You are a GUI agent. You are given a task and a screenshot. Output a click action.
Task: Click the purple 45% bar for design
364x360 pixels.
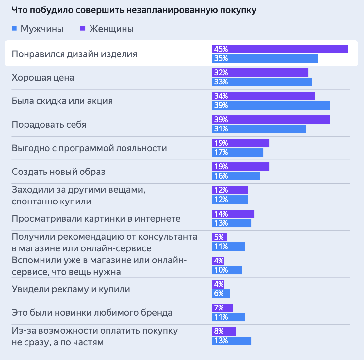click(280, 49)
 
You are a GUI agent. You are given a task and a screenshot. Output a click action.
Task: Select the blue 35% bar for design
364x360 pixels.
click(265, 58)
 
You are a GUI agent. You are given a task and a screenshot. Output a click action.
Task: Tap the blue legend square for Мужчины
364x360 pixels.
click(14, 29)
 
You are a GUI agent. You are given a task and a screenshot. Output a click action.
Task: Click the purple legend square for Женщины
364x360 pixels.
click(83, 29)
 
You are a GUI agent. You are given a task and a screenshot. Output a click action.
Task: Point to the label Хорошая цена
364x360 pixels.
click(43, 78)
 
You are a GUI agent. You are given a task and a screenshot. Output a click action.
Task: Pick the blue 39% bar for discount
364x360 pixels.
click(271, 105)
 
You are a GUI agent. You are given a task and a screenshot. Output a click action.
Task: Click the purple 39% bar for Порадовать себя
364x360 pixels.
click(271, 120)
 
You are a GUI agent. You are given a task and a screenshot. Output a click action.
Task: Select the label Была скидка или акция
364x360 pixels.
click(62, 101)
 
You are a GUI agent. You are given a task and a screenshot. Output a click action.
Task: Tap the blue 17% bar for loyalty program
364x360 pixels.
click(238, 152)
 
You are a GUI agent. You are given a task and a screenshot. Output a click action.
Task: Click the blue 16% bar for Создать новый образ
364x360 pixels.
click(236, 176)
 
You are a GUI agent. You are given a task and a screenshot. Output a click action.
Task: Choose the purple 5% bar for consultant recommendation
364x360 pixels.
click(219, 237)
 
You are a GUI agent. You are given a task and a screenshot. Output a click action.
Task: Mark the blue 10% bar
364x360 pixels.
click(227, 270)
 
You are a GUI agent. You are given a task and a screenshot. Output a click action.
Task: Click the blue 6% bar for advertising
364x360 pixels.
click(221, 293)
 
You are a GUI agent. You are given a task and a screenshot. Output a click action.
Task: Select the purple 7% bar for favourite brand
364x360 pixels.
click(222, 308)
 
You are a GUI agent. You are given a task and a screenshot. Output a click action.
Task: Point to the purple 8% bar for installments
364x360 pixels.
click(224, 331)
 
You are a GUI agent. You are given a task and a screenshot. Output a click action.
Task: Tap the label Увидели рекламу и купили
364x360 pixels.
click(71, 289)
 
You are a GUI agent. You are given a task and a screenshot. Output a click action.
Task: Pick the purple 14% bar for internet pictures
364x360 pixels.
click(233, 214)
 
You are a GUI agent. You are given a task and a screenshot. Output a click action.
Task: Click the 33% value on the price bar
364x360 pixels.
click(221, 82)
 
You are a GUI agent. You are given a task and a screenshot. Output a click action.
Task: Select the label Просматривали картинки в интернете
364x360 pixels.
click(96, 218)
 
